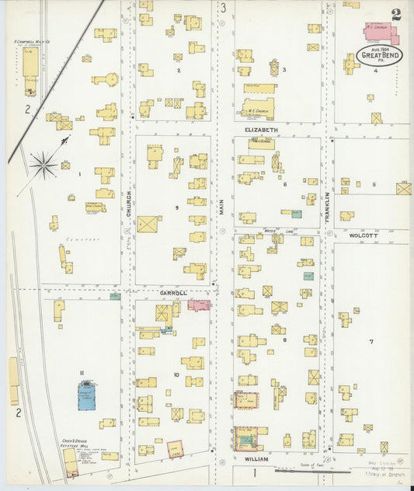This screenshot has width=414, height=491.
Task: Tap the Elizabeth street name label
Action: [x=260, y=130]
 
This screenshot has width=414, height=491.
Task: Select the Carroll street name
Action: [x=173, y=293]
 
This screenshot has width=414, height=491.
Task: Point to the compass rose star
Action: [x=43, y=164]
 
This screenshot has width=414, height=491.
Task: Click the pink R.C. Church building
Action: [x=379, y=31]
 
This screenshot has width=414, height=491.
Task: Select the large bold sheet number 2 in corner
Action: [x=397, y=13]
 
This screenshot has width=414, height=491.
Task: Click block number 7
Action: [x=371, y=342]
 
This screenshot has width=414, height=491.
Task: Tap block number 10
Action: [x=176, y=374]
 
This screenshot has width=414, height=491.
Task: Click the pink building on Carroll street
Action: [x=199, y=305]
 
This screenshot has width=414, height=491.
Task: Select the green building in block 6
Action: [x=296, y=212]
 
